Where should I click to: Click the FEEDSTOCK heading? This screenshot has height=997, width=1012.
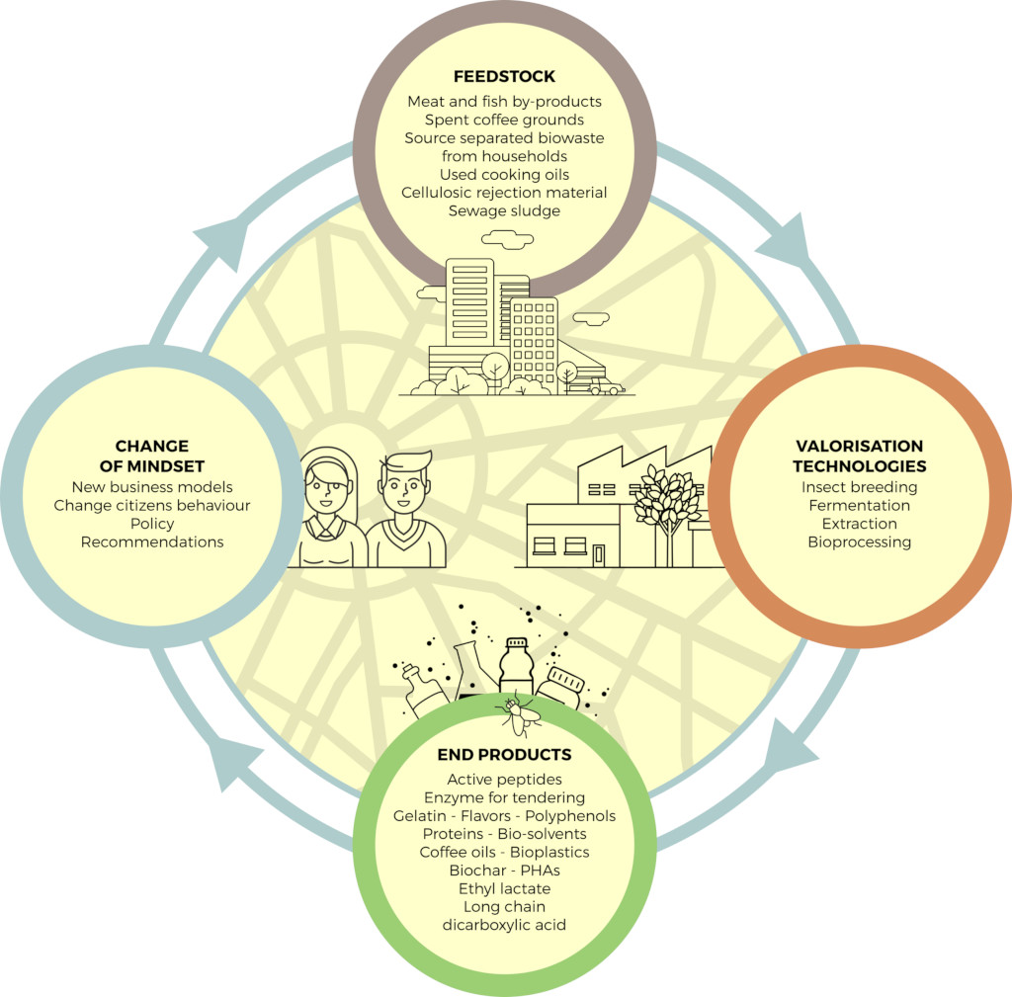tap(504, 76)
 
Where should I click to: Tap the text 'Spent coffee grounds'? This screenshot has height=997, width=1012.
tap(504, 120)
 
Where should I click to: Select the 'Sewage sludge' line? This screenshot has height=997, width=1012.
tap(504, 210)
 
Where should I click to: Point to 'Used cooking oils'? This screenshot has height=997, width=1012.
tap(504, 174)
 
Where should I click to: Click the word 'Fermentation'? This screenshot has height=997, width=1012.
tap(859, 505)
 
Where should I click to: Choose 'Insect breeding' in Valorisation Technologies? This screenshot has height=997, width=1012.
tap(859, 487)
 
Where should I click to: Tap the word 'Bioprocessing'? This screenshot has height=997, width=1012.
tap(859, 541)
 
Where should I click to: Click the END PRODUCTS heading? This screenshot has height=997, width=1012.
tap(504, 755)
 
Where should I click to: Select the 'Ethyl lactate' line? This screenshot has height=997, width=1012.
tap(504, 888)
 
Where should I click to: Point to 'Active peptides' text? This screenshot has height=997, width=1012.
tap(504, 780)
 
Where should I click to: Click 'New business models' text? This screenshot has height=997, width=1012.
tap(152, 487)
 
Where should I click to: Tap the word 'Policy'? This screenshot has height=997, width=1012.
tap(152, 524)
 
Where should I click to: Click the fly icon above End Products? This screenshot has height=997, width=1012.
tap(518, 713)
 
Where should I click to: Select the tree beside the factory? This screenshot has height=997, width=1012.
tap(666, 500)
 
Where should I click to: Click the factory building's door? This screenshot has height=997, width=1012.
tap(599, 553)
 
